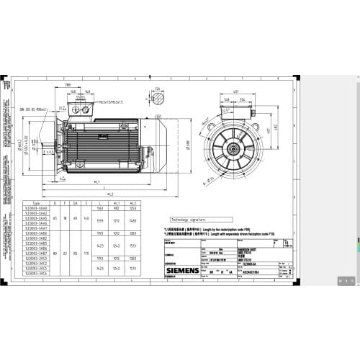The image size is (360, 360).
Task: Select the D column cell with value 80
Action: click(x=57, y=253)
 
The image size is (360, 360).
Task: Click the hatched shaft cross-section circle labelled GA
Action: click(x=158, y=102)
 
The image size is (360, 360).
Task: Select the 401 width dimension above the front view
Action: click(x=235, y=91)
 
